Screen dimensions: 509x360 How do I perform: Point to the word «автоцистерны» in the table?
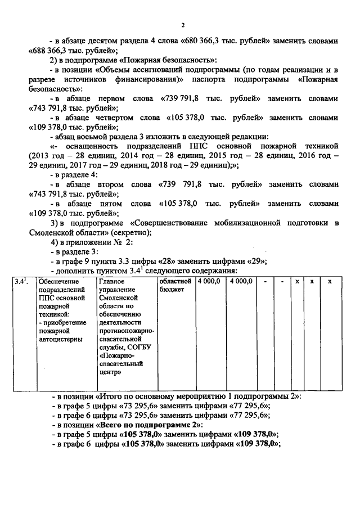61,340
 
